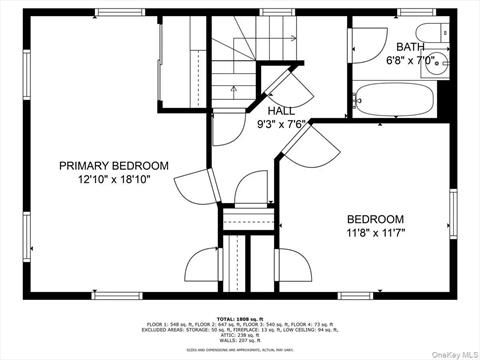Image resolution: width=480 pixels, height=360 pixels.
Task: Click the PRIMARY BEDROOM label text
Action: click(x=113, y=166)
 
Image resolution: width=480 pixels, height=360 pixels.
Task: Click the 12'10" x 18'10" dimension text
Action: click(x=113, y=180)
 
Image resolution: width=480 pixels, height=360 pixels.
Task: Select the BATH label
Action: click(x=410, y=47)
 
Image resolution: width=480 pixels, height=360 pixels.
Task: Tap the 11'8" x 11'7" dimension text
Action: click(x=375, y=234)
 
